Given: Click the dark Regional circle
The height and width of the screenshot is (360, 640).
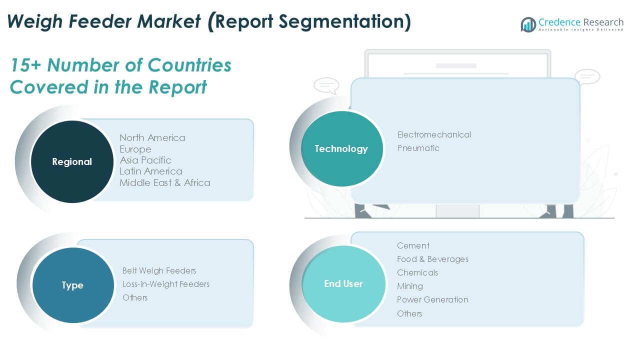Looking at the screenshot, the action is click(x=72, y=161).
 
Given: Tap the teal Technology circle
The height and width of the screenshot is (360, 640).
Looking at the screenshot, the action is click(x=342, y=149).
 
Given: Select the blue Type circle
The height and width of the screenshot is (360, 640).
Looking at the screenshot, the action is click(x=73, y=285).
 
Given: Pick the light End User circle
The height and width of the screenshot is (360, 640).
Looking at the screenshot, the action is click(x=343, y=284).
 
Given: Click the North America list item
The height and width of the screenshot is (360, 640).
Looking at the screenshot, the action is click(x=152, y=137).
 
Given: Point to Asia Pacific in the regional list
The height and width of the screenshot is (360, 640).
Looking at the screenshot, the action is click(x=145, y=160).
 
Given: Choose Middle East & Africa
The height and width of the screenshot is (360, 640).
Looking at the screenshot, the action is click(x=165, y=183).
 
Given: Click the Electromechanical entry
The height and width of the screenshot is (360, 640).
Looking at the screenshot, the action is click(x=434, y=134).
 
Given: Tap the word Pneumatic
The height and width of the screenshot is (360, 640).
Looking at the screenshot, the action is click(x=418, y=148).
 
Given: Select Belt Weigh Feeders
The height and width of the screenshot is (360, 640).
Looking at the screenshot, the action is click(x=159, y=270).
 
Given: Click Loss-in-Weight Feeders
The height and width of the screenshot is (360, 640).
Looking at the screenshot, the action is click(x=165, y=284).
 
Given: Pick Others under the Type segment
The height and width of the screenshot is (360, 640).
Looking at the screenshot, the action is click(x=135, y=297).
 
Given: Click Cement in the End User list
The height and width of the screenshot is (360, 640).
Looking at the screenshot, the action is click(x=413, y=245).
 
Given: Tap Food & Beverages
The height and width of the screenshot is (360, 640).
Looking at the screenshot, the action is click(x=432, y=259).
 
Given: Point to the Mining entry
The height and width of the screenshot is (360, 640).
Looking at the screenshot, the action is click(x=410, y=286).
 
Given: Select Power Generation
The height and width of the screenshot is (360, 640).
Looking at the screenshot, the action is click(x=432, y=299).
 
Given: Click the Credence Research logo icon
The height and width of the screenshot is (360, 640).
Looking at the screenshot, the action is click(x=528, y=24).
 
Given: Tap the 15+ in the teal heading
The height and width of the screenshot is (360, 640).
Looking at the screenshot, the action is click(x=25, y=65).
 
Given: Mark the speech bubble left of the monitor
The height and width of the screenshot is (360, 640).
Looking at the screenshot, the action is click(x=326, y=85).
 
